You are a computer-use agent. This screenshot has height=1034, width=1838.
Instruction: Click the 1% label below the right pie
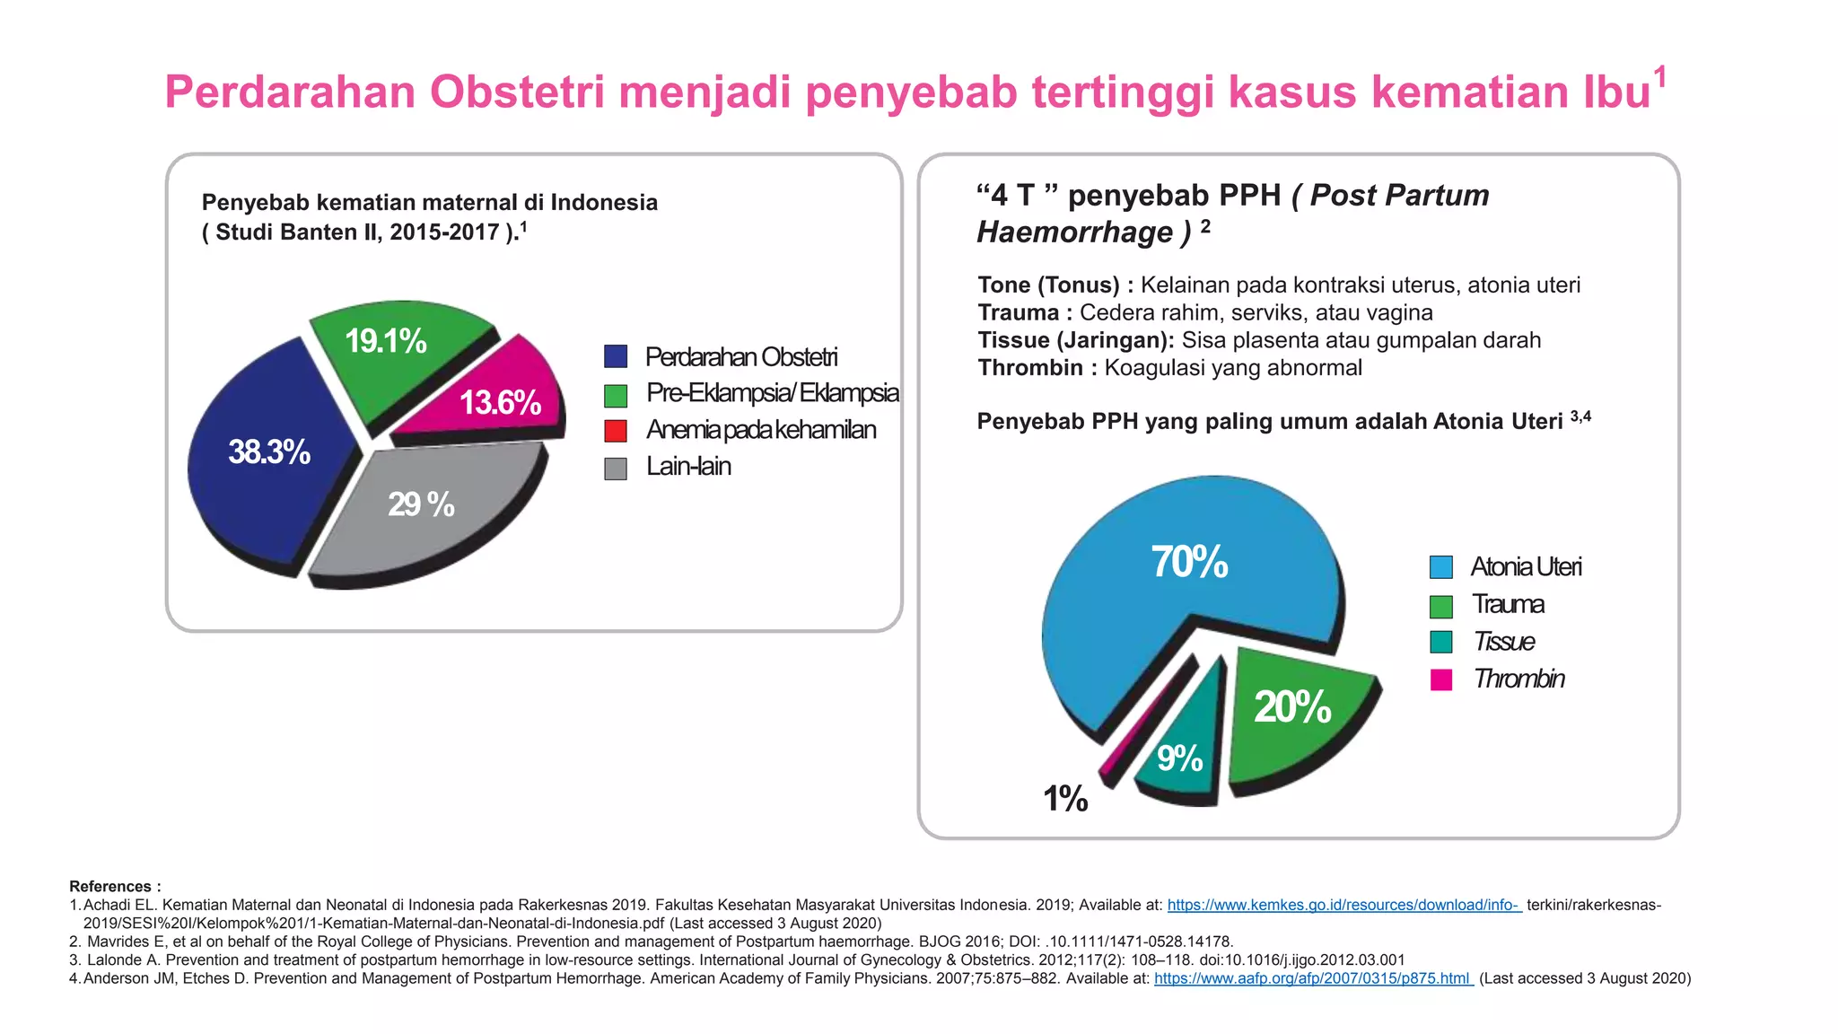click(x=1065, y=799)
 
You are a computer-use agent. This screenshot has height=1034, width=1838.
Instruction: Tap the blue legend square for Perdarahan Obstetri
click(x=616, y=356)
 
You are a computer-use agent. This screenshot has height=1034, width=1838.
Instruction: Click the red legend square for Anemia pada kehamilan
click(x=616, y=431)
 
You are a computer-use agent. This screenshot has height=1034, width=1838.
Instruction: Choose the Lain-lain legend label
click(x=688, y=467)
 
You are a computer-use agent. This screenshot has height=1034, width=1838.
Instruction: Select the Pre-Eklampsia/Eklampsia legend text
click(x=772, y=393)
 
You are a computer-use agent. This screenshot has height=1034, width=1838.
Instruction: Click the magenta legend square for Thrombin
click(x=1441, y=679)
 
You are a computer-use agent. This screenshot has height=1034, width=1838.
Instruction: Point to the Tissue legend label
click(x=1503, y=642)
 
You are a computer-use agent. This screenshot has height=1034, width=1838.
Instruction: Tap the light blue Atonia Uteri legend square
click(x=1441, y=567)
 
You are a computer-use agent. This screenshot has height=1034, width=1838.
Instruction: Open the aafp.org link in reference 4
click(x=1313, y=978)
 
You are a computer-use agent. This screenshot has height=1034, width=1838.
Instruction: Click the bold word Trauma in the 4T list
click(x=1019, y=312)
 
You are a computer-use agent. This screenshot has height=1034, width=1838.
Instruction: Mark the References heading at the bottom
click(x=115, y=886)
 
